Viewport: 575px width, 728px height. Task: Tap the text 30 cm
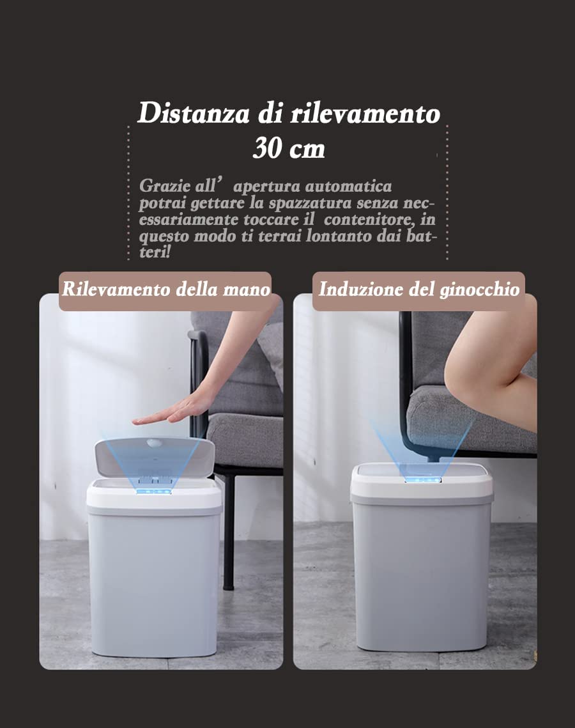pos(289,149)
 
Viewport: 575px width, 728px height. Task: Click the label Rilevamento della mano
pos(165,289)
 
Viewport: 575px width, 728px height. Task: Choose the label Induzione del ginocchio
pos(418,289)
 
